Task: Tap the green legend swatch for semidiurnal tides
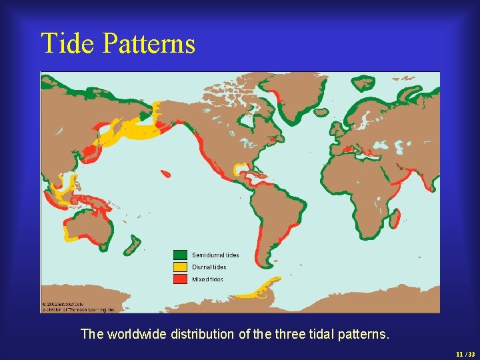click(180, 255)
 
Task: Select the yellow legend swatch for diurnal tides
click(180, 267)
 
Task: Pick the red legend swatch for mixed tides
click(180, 279)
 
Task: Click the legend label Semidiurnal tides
click(215, 255)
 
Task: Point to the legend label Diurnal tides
click(209, 267)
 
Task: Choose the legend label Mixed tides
click(208, 279)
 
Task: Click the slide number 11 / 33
click(465, 353)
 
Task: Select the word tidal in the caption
click(316, 334)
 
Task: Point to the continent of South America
click(273, 213)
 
